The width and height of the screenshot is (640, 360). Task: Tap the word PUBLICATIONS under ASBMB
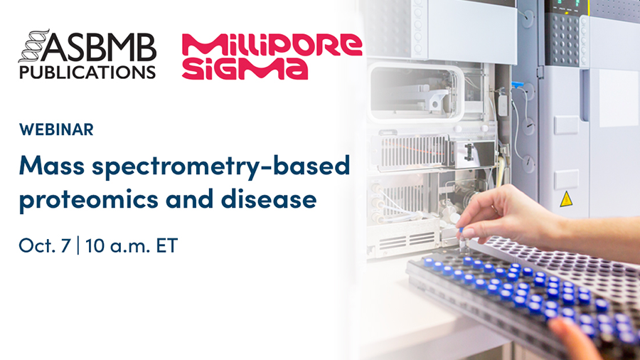tap(87, 73)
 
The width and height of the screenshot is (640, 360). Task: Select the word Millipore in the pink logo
tap(272, 46)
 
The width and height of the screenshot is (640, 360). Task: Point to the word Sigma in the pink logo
tap(245, 68)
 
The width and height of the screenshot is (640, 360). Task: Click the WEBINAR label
tap(56, 129)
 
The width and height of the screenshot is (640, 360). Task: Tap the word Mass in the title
tap(52, 165)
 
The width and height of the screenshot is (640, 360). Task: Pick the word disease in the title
tap(269, 198)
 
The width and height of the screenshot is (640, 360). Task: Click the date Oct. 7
tap(45, 245)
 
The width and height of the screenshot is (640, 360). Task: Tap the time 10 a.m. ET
tap(132, 245)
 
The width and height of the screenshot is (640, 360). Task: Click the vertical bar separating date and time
tap(78, 245)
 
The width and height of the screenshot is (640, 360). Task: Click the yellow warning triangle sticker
tap(566, 199)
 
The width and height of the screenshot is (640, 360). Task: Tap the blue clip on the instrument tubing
tap(517, 85)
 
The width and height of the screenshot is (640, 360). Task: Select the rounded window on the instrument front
tap(415, 92)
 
